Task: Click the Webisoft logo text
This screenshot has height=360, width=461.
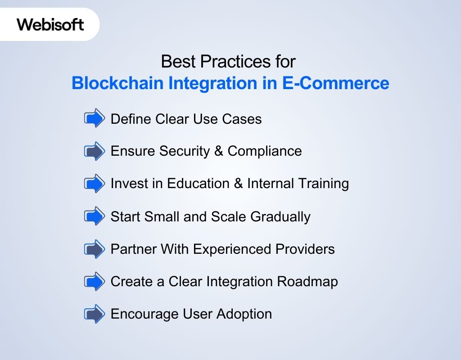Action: (x=50, y=24)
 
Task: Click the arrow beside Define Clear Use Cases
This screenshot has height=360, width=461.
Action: (x=94, y=119)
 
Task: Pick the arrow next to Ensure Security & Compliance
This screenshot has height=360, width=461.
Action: (x=94, y=151)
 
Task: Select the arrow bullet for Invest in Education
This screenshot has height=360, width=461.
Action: (x=94, y=184)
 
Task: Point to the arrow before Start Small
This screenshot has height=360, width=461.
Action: (x=94, y=216)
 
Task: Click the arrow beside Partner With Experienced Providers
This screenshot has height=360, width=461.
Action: (x=94, y=249)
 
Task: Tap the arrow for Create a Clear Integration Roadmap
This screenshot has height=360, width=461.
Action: (x=94, y=282)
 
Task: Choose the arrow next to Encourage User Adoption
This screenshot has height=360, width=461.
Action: (x=94, y=314)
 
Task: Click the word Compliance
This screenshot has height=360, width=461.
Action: (x=265, y=151)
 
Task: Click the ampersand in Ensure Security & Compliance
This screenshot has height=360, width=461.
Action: (x=219, y=151)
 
